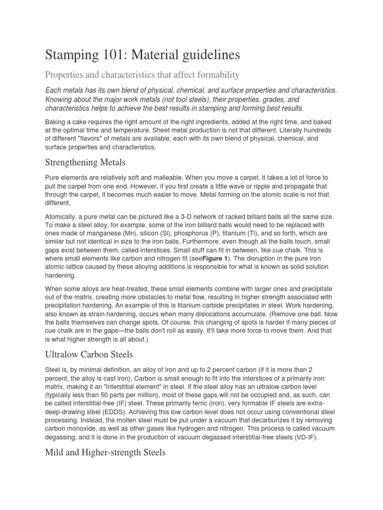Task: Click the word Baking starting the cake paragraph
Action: (56, 122)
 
